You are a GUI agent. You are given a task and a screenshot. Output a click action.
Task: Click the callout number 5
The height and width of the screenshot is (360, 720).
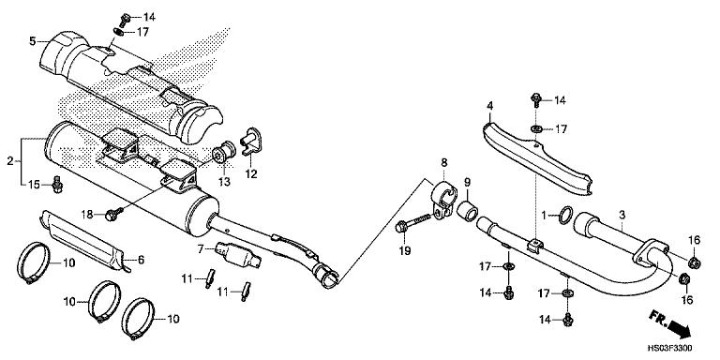pyautogui.click(x=33, y=41)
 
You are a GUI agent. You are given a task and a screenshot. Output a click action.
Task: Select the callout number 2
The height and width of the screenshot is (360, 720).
pyautogui.click(x=10, y=161)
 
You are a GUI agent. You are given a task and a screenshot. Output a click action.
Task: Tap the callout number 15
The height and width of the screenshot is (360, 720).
pyautogui.click(x=33, y=184)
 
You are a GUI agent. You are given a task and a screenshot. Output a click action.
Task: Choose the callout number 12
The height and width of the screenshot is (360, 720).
pyautogui.click(x=252, y=173)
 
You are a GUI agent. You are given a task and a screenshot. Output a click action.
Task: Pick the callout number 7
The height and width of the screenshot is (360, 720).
pyautogui.click(x=202, y=248)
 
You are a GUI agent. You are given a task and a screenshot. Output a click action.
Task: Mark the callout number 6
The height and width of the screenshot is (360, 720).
pyautogui.click(x=142, y=260)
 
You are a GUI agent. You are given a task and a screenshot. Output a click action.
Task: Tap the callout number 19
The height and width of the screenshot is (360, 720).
pyautogui.click(x=405, y=250)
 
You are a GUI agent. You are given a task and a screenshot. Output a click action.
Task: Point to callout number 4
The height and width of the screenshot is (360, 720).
pyautogui.click(x=490, y=105)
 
